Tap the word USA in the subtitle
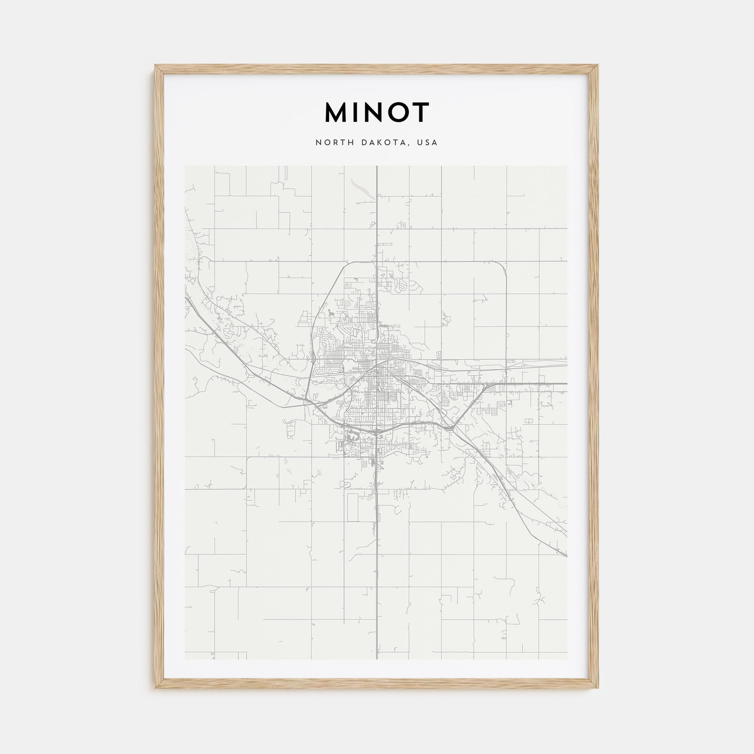[428, 143]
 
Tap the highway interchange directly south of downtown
[375, 432]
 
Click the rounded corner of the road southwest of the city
[248, 459]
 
